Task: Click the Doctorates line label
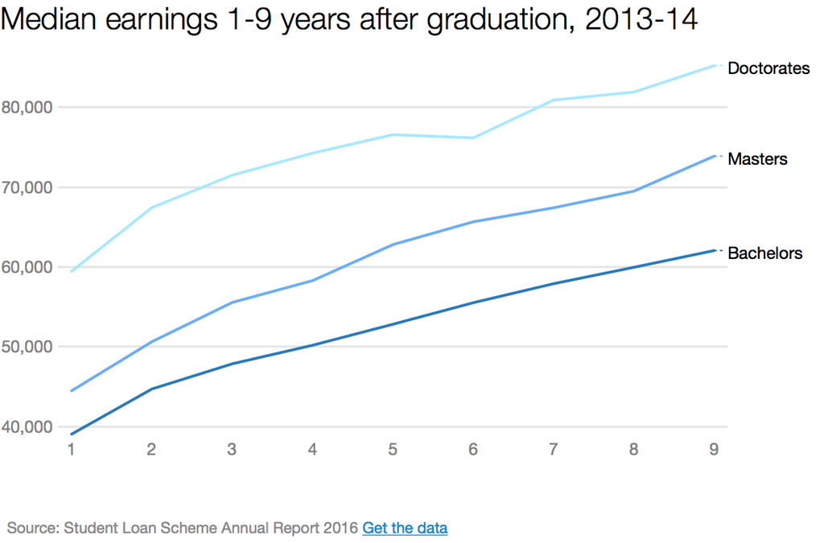pos(768,68)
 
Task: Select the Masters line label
pos(756,159)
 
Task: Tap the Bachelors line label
pos(764,253)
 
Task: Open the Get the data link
pos(405,528)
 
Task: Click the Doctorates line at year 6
pos(472,138)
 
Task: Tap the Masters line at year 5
pos(392,245)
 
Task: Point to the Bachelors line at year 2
pos(151,389)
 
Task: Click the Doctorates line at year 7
pos(553,100)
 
